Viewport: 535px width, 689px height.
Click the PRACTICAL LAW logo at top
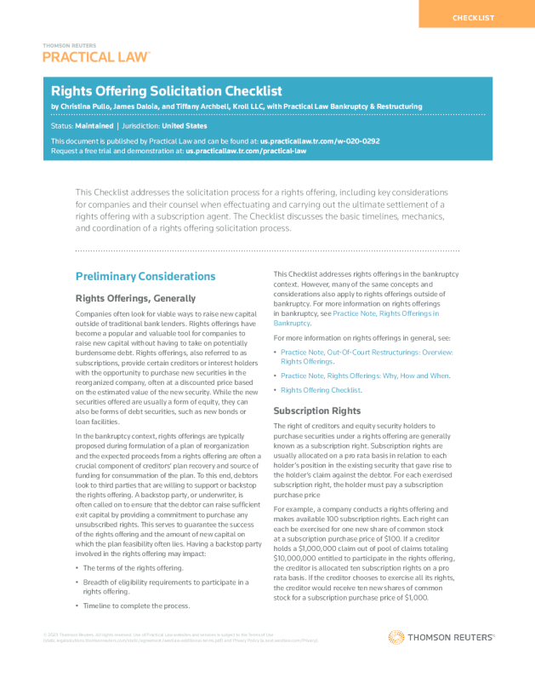click(x=96, y=57)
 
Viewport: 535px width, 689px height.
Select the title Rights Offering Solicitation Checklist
click(x=167, y=91)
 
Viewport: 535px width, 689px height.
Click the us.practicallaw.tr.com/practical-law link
click(x=246, y=150)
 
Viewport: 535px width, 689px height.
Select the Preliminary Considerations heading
click(x=145, y=276)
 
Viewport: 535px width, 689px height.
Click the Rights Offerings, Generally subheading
click(x=136, y=298)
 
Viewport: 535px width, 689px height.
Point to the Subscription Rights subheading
click(x=317, y=411)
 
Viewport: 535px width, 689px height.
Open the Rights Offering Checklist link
click(x=321, y=390)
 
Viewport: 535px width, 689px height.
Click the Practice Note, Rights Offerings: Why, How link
click(x=365, y=376)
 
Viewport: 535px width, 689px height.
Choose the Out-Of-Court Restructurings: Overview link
click(x=367, y=352)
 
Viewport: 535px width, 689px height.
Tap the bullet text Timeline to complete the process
click(x=136, y=606)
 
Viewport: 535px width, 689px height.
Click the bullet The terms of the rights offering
click(x=133, y=567)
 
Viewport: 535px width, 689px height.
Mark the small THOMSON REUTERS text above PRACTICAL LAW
click(x=69, y=45)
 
